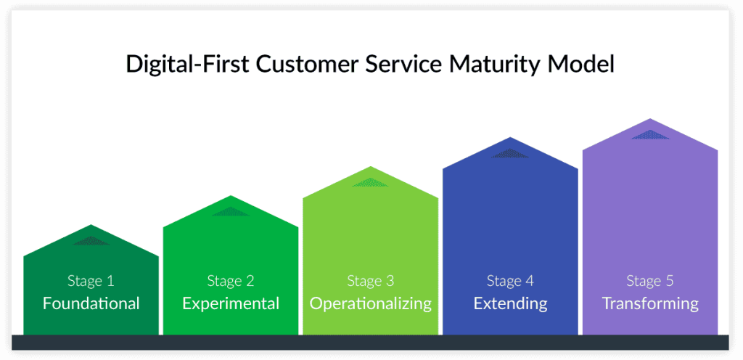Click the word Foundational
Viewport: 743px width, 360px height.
pos(91,303)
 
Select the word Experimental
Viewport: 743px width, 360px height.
pos(231,303)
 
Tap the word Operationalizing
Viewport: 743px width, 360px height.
pos(371,303)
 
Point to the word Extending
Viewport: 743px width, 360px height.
pos(510,303)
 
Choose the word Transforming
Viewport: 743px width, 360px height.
pos(650,303)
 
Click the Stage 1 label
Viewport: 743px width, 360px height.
pos(91,281)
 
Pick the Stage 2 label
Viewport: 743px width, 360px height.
pos(231,281)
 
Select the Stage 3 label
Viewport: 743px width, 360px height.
pos(371,281)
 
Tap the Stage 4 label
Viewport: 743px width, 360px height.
pos(510,281)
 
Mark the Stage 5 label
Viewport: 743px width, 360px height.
pos(650,281)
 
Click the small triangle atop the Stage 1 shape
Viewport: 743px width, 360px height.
pos(91,241)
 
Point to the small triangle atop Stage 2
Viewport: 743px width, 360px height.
pos(231,212)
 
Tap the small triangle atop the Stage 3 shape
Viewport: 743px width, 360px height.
pos(371,182)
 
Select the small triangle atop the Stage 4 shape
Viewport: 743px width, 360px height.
pos(510,153)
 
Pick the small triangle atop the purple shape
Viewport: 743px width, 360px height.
pos(650,135)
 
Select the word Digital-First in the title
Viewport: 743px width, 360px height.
pos(188,64)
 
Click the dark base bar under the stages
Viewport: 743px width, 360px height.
pos(370,343)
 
